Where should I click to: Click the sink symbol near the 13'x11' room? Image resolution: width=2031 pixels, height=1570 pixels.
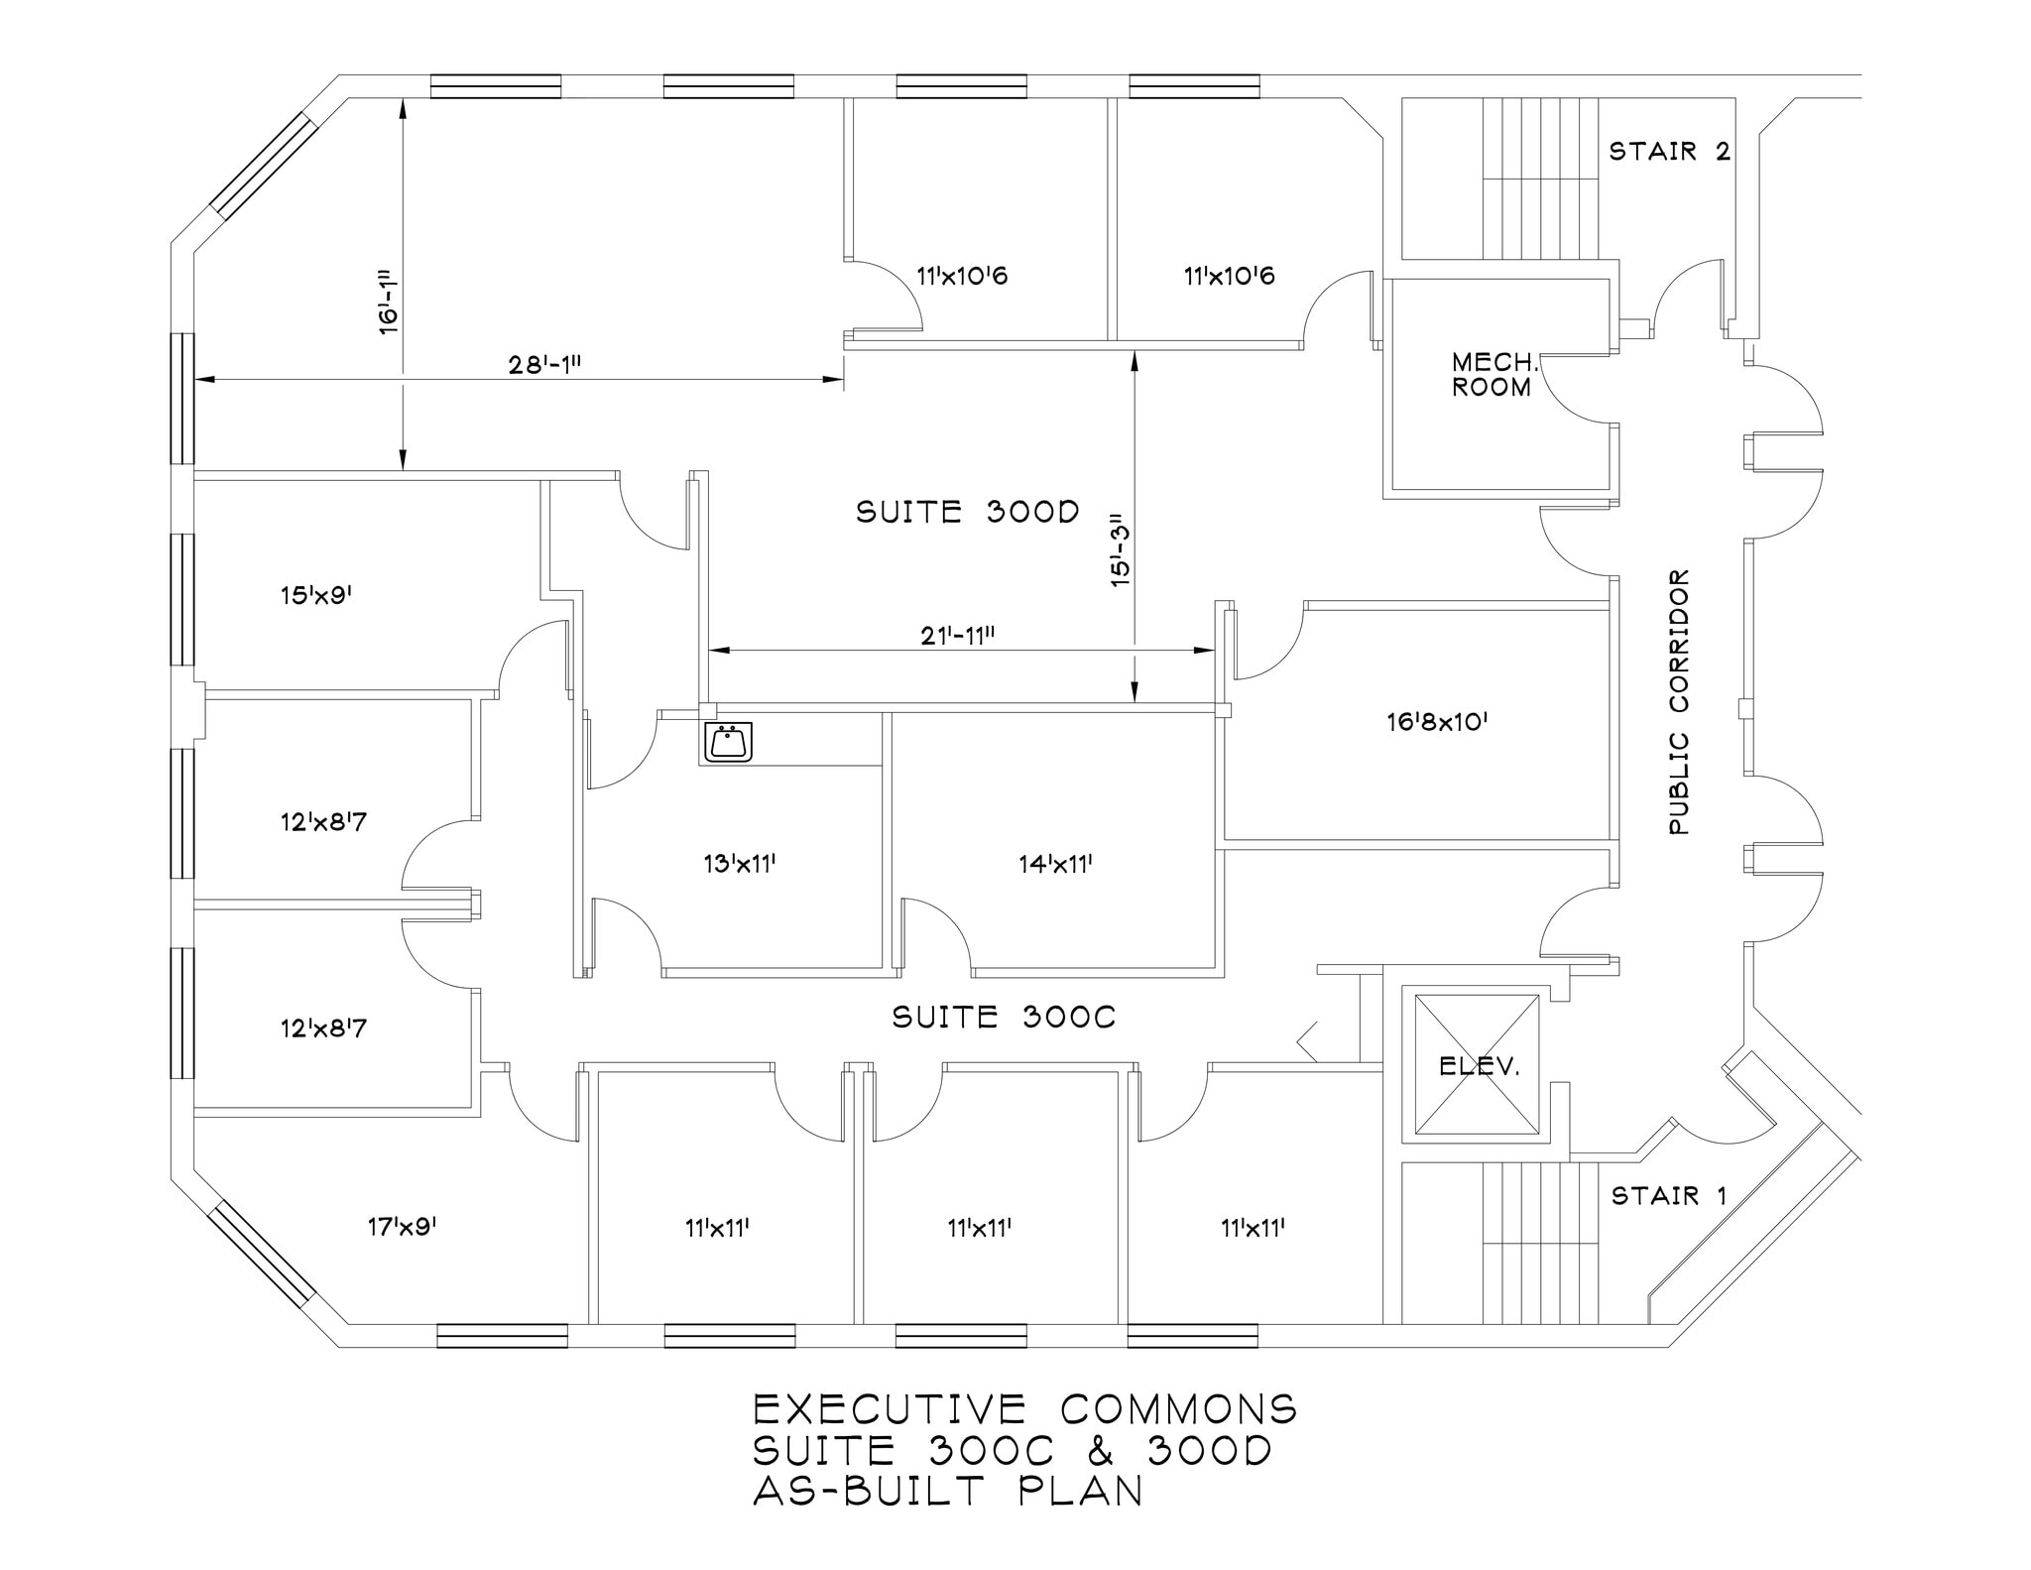point(728,742)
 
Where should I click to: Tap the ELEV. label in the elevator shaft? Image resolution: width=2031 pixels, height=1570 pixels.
point(1479,1067)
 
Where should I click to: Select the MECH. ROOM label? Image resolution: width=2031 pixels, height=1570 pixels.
point(1493,375)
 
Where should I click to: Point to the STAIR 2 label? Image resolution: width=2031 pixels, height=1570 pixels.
point(1669,152)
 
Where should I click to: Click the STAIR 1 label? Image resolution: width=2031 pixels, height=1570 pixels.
point(1669,1196)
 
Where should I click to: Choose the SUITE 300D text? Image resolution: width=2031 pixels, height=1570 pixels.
point(967,512)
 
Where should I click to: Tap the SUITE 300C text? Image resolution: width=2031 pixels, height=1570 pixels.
point(1004,1018)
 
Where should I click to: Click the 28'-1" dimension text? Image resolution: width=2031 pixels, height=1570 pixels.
point(544,365)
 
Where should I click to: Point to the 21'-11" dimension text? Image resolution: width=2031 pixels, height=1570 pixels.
point(957,637)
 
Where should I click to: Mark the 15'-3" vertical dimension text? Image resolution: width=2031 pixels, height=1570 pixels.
point(1120,550)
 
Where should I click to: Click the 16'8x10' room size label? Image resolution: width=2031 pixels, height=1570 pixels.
point(1437,722)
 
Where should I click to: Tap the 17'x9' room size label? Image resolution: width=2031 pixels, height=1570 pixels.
point(402,1227)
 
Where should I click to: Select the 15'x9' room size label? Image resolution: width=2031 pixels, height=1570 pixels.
point(317,596)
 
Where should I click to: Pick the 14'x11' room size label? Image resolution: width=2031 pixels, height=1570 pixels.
point(1055,865)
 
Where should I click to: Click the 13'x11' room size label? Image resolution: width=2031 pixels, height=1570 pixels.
point(739,865)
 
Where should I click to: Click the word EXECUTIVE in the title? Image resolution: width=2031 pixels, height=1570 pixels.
point(890,1410)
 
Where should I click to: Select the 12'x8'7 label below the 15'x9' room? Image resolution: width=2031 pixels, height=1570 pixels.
point(323,822)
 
